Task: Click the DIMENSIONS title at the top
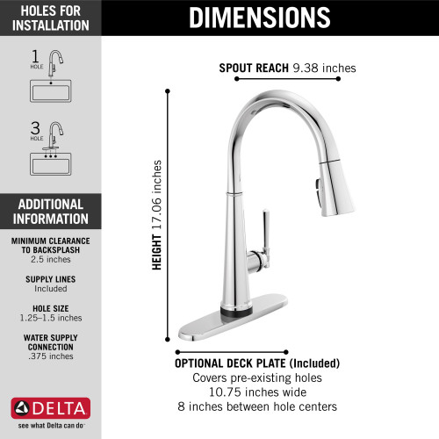pos(260,17)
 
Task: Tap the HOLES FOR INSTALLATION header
pos(50,18)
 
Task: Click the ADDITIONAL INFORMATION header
pos(50,211)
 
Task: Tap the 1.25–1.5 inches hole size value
pos(49,318)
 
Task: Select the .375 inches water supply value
pos(49,356)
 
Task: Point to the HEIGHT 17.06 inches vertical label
pos(157,215)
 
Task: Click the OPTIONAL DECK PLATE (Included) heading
pos(257,363)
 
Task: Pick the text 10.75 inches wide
pos(257,392)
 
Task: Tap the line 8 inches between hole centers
pos(257,407)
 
